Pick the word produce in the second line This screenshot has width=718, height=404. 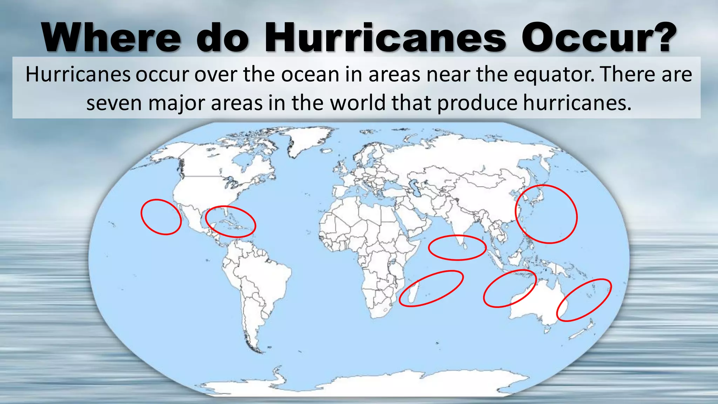point(477,103)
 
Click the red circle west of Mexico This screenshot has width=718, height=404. point(161,217)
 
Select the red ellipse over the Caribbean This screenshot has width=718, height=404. point(230,221)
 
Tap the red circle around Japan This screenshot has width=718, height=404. point(546,214)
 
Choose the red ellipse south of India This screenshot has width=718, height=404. point(457,248)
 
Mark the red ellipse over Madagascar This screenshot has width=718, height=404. point(431,288)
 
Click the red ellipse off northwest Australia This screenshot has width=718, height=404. point(510,288)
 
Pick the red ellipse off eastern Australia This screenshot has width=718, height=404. point(584,300)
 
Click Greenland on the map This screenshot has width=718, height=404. point(305,140)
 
